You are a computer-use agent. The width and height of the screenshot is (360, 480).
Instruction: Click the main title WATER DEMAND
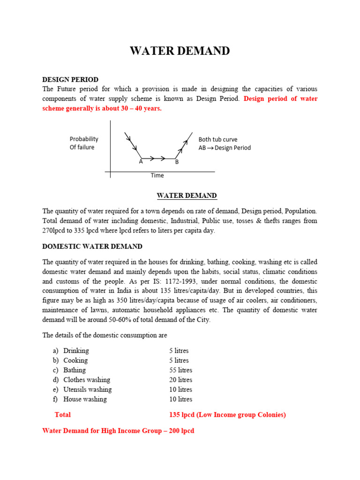180,51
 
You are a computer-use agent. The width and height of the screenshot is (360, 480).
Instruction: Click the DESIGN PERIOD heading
70,80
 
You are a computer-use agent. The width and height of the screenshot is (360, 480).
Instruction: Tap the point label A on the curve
141,162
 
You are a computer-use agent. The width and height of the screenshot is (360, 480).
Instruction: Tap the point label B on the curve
177,162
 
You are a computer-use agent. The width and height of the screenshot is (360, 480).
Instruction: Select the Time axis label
157,175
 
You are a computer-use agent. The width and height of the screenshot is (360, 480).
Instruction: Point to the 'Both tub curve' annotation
218,139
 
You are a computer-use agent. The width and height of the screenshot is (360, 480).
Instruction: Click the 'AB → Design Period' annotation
225,148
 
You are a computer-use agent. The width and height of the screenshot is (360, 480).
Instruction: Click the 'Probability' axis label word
84,139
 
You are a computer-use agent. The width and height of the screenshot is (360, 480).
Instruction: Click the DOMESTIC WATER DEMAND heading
92,246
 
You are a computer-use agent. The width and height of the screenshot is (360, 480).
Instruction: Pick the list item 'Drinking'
76,351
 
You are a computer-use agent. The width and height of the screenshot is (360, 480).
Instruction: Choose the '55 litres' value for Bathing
181,370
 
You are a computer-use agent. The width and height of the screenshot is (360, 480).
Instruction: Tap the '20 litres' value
181,380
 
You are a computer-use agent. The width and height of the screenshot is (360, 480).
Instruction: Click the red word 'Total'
63,415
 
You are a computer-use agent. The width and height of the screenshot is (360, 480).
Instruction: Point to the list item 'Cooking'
75,360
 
